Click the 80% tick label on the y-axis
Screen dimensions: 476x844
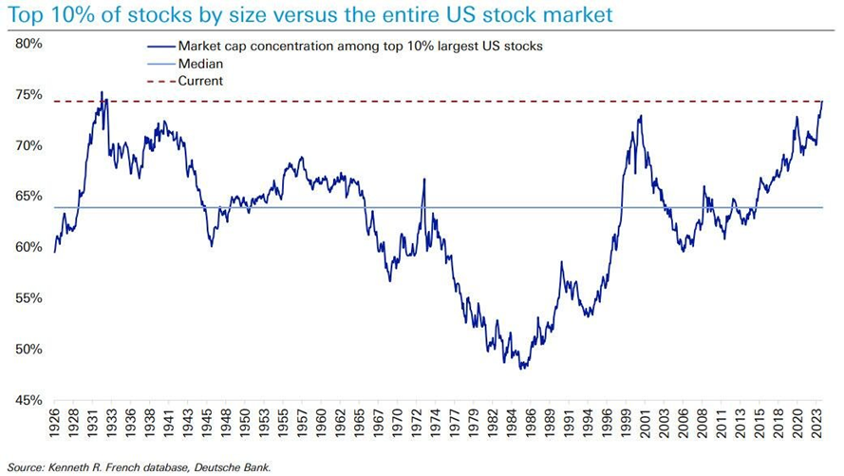[x=27, y=44]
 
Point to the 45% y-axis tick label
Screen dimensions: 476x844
[x=27, y=400]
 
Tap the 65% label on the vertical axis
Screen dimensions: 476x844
[x=27, y=197]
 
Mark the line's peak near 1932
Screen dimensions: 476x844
[x=103, y=93]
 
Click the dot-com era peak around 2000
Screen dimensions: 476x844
[x=641, y=116]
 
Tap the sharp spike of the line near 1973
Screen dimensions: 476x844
[x=423, y=180]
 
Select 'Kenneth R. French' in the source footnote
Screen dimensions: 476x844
[x=88, y=466]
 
